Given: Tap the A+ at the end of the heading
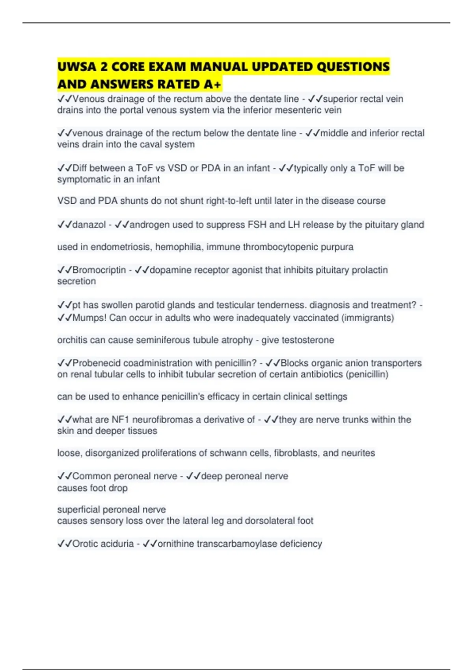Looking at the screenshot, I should (x=213, y=84).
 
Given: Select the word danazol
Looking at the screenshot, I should (x=89, y=225).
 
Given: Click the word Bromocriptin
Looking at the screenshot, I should (x=99, y=270).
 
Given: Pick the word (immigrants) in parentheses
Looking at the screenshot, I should (x=368, y=318).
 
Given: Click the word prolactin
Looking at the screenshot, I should (x=369, y=270).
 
